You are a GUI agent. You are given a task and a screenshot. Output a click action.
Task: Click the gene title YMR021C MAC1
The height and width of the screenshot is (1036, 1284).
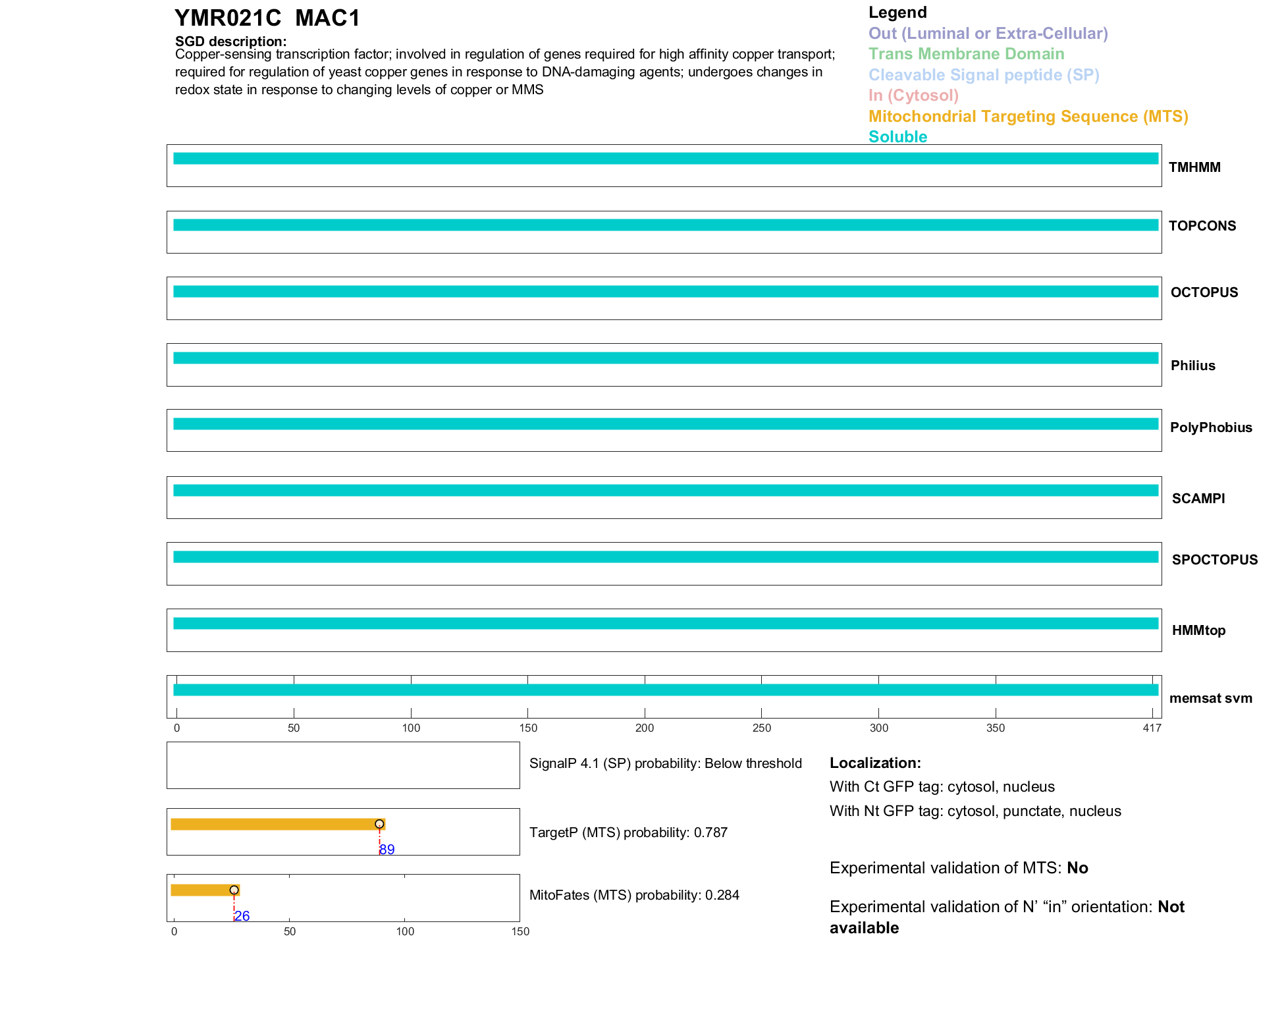tap(267, 18)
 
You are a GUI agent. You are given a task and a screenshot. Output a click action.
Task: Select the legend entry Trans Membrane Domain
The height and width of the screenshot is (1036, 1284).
tap(966, 54)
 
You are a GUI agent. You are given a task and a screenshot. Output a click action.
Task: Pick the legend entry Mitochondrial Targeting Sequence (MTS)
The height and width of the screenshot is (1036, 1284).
tap(1028, 117)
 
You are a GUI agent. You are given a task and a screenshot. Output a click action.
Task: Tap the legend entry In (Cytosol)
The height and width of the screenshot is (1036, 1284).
tap(913, 95)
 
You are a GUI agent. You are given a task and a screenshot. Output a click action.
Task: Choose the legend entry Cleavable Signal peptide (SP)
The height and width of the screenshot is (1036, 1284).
tap(984, 75)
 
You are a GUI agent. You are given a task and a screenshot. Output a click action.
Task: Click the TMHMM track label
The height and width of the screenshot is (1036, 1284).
tap(1194, 167)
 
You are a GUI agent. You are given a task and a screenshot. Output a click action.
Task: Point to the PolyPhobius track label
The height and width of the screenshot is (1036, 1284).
tap(1211, 427)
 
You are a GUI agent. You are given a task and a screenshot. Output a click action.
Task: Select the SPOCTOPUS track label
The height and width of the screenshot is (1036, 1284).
tap(1214, 560)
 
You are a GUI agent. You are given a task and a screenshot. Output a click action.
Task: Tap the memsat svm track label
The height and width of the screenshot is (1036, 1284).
tap(1210, 698)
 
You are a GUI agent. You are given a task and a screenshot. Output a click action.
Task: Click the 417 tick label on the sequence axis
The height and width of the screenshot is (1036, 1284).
tap(1152, 728)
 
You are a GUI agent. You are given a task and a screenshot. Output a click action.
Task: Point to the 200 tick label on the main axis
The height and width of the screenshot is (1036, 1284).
tap(645, 728)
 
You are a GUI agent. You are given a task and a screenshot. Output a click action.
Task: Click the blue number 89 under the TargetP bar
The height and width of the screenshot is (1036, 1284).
tap(387, 850)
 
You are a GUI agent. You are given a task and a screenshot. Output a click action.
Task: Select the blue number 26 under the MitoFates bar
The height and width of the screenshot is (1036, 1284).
tap(242, 916)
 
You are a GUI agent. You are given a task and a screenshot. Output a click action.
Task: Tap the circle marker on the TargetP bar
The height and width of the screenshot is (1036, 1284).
tap(379, 824)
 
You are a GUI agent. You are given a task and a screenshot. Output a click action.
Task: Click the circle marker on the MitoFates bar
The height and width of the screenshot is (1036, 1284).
tap(234, 890)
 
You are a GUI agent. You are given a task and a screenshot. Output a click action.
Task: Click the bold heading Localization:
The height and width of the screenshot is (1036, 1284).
tap(875, 763)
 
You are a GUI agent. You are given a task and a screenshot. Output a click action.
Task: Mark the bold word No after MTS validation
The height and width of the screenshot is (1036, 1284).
tap(1077, 868)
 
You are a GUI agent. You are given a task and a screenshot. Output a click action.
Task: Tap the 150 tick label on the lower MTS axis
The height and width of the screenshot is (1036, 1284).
tap(520, 931)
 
